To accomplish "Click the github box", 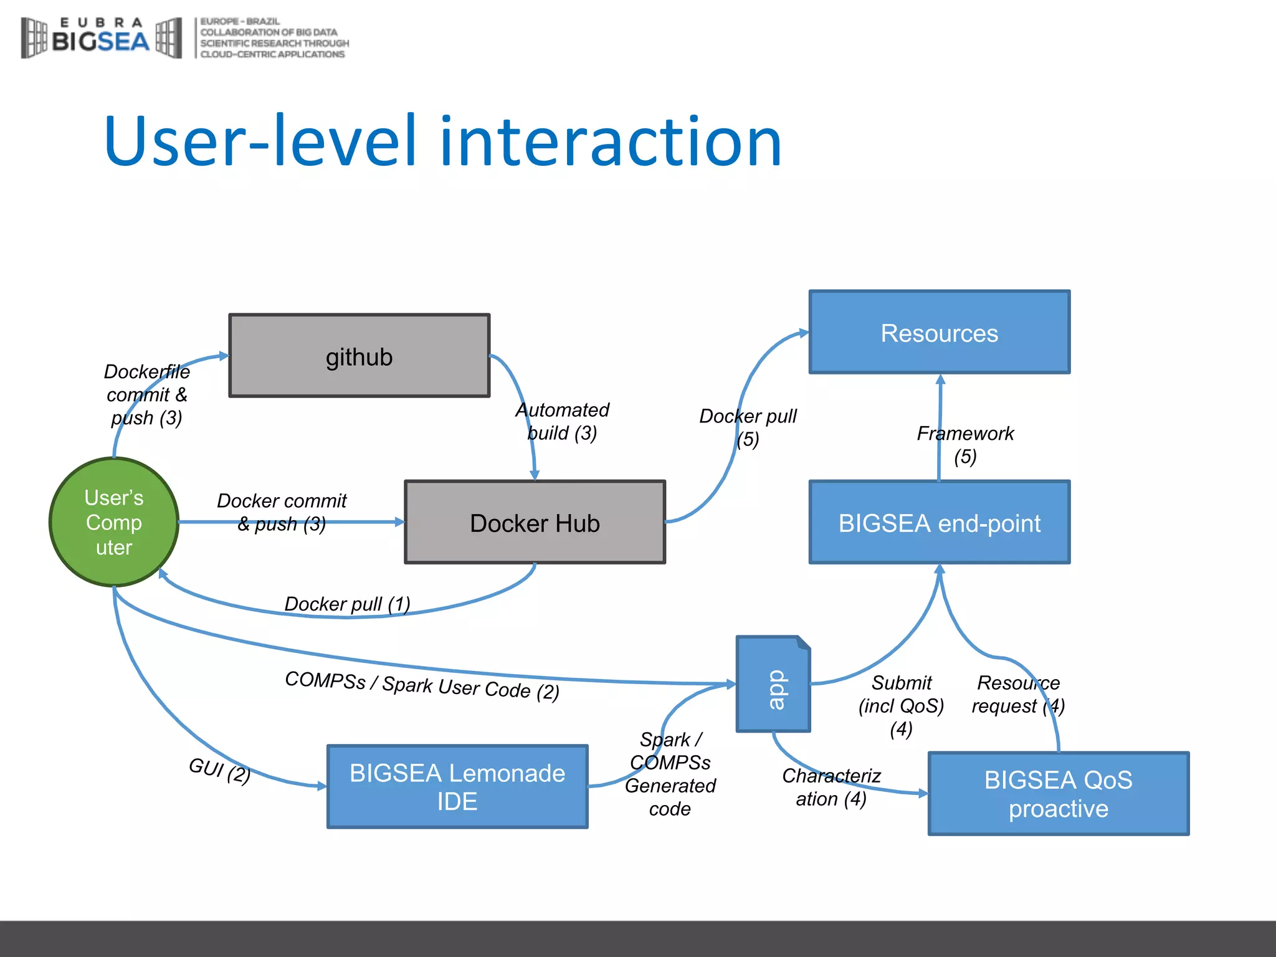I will coord(359,356).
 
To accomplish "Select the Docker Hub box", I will coord(535,522).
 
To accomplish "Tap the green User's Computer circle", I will coord(114,522).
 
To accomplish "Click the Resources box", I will coord(939,332).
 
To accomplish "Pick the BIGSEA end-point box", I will coord(939,522).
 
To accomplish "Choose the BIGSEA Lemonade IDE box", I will coord(457,786).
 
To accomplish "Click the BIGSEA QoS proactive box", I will coord(1058,793).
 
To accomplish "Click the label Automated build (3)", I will coord(562,421).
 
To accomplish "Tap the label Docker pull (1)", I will coord(347,604).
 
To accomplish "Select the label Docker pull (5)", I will coord(748,427).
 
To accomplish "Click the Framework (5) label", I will coord(964,444).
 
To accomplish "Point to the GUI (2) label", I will coord(219,770).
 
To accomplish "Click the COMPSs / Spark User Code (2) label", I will coord(422,685).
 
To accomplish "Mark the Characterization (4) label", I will coord(831,787).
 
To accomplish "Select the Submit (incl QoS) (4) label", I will coord(901,705).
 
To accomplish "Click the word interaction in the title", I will coord(611,141).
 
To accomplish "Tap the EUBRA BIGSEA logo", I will coord(102,38).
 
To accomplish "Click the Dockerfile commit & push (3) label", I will coord(146,394).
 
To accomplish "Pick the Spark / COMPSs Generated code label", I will coord(670,774).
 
